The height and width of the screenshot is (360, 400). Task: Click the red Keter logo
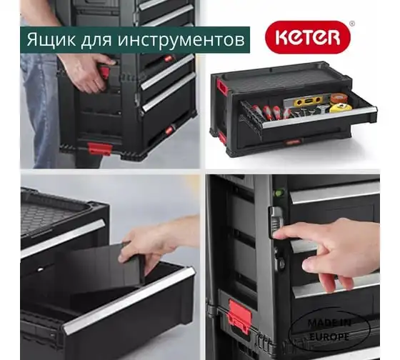click(x=308, y=37)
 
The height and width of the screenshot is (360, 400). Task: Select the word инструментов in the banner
click(x=181, y=40)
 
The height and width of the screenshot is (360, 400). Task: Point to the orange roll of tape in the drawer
click(x=339, y=97)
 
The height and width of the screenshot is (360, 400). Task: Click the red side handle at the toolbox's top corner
click(x=221, y=86)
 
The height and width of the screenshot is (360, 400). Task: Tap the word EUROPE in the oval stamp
click(x=329, y=336)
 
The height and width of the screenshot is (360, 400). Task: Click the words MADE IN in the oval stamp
click(x=329, y=323)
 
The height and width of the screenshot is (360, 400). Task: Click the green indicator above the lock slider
click(x=279, y=193)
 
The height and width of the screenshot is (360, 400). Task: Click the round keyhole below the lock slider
click(x=281, y=263)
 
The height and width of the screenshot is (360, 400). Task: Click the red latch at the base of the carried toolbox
click(x=99, y=149)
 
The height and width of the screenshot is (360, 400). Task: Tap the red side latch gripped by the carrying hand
click(x=104, y=72)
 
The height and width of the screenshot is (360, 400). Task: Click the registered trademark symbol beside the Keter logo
click(x=351, y=24)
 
